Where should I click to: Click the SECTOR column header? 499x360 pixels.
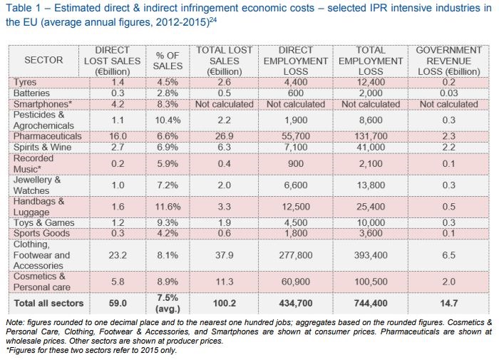pyautogui.click(x=43, y=61)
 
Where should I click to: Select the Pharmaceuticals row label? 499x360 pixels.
pyautogui.click(x=47, y=135)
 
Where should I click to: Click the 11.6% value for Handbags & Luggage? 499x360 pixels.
pyautogui.click(x=168, y=206)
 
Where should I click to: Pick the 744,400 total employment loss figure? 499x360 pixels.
pyautogui.click(x=370, y=303)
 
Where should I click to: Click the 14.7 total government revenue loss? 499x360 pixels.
pyautogui.click(x=448, y=303)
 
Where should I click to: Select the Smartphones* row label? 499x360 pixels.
pyautogui.click(x=41, y=103)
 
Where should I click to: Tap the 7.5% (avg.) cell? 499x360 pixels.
pyautogui.click(x=168, y=303)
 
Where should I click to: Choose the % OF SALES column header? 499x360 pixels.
pyautogui.click(x=168, y=61)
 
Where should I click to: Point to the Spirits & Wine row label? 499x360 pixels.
pyautogui.click(x=44, y=146)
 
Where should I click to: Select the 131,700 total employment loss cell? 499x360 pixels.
pyautogui.click(x=370, y=135)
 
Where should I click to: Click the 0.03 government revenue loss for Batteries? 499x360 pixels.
pyautogui.click(x=448, y=93)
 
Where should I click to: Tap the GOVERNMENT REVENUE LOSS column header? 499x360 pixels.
pyautogui.click(x=448, y=61)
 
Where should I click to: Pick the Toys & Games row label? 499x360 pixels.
pyautogui.click(x=43, y=222)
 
